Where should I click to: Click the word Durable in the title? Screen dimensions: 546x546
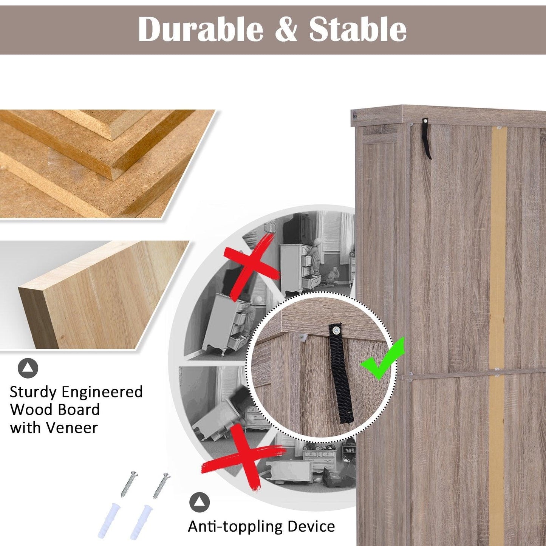point(201,29)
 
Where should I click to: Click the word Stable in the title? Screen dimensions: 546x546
point(358,29)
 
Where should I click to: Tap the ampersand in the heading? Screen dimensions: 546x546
point(286,30)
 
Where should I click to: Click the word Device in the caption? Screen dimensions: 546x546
point(311,519)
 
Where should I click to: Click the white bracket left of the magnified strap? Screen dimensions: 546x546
point(303,338)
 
